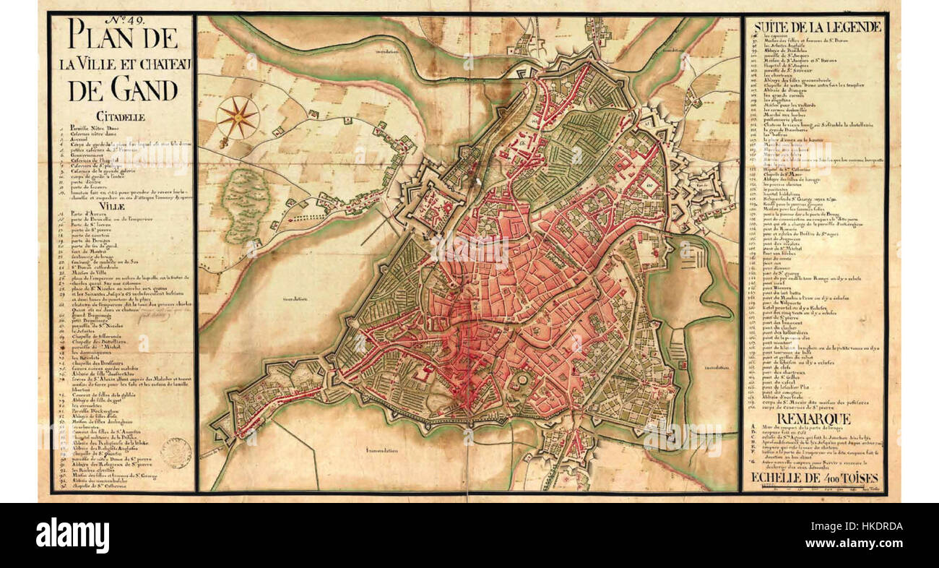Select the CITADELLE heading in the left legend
(x=121, y=116)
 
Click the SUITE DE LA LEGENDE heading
(x=817, y=27)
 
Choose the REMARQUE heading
(x=815, y=418)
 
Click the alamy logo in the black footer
(x=72, y=535)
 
